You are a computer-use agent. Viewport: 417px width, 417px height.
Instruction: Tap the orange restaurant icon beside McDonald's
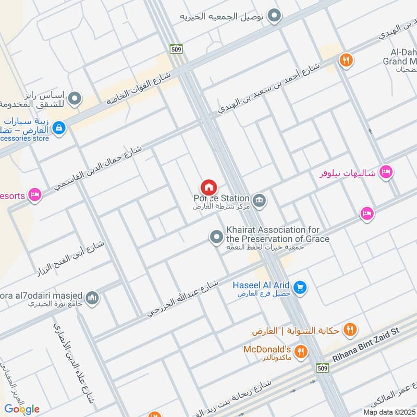300,352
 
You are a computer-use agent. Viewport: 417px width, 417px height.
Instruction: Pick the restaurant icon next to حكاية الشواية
350,330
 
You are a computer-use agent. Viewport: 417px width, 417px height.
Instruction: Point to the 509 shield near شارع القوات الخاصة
176,48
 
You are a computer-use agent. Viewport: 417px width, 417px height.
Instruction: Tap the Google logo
22,409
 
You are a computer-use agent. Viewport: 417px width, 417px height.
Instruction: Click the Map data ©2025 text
389,412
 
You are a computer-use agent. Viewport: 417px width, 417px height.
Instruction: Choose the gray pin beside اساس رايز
76,98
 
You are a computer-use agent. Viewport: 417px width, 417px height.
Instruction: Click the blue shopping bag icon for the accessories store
59,127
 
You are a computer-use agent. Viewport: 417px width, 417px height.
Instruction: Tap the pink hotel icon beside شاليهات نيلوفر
386,171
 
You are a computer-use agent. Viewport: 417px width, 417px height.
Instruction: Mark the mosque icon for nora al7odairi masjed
92,298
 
